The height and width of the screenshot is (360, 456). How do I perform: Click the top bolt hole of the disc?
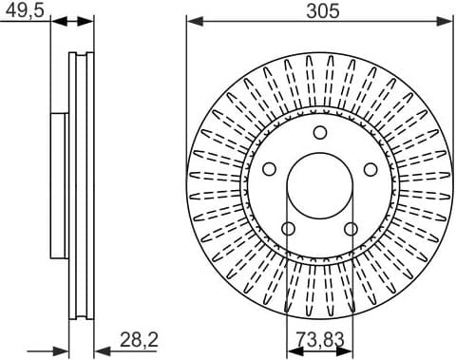click(319, 132)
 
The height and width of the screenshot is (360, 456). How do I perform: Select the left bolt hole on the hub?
click(269, 168)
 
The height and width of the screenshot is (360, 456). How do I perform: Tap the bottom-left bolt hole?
click(288, 228)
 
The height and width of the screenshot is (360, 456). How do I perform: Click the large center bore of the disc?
click(319, 185)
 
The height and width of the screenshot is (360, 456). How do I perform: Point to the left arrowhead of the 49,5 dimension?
click(55, 20)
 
